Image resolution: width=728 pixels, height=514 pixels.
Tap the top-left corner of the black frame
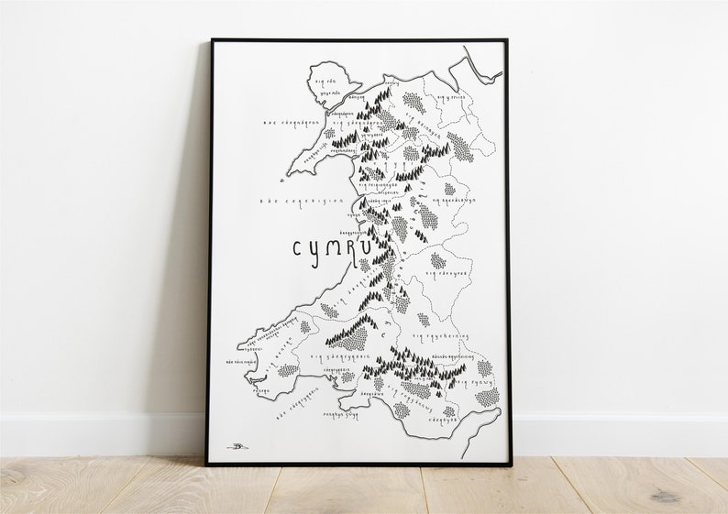212,40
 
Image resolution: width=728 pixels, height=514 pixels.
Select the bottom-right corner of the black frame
510,464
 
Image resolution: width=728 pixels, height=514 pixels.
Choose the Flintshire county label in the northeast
451,97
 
